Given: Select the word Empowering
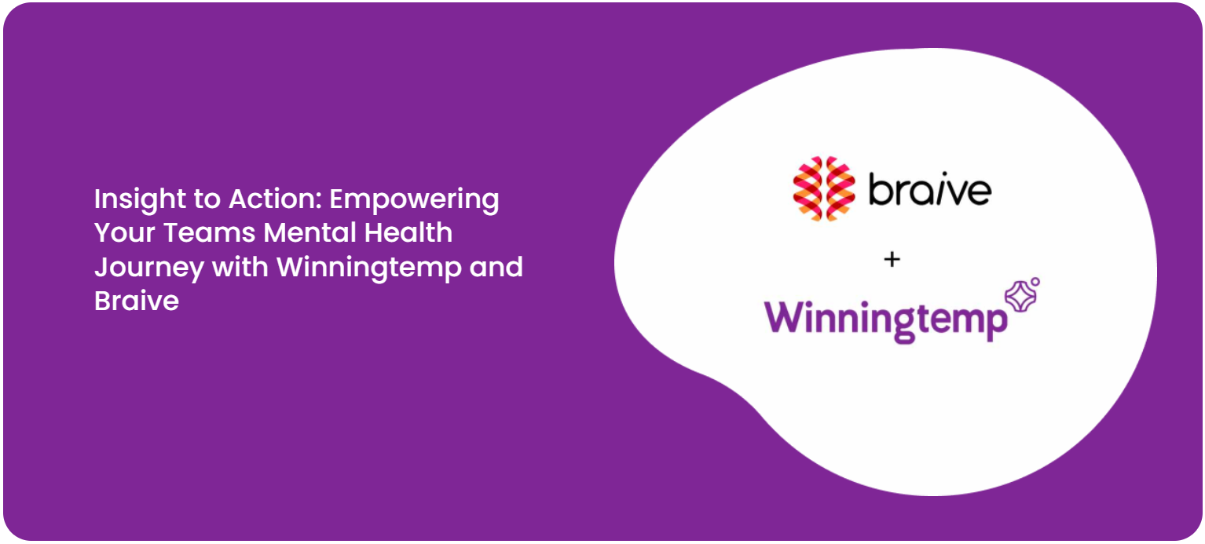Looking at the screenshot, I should pyautogui.click(x=414, y=200).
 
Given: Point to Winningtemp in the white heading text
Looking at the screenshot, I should pyautogui.click(x=368, y=268).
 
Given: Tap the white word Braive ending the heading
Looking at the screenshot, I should pyautogui.click(x=137, y=301).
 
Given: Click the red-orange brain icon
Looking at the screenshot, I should pyautogui.click(x=823, y=189).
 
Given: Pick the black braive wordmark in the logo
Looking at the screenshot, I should pyautogui.click(x=929, y=190).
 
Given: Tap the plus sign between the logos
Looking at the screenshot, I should pyautogui.click(x=892, y=259).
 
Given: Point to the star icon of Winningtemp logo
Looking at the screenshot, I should pyautogui.click(x=1020, y=298).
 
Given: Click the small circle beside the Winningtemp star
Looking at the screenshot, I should pyautogui.click(x=1035, y=281).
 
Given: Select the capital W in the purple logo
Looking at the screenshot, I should pyautogui.click(x=787, y=316).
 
